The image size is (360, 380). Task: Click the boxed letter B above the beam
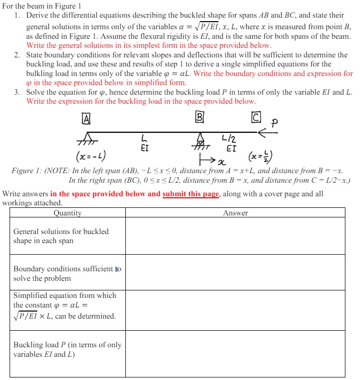click(200, 118)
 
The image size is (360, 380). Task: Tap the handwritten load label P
click(275, 122)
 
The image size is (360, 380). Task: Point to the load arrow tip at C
click(258, 133)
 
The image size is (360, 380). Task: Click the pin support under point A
click(87, 139)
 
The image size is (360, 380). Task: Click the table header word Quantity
click(67, 213)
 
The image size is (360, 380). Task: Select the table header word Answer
click(235, 213)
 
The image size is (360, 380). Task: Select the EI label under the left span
click(144, 148)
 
